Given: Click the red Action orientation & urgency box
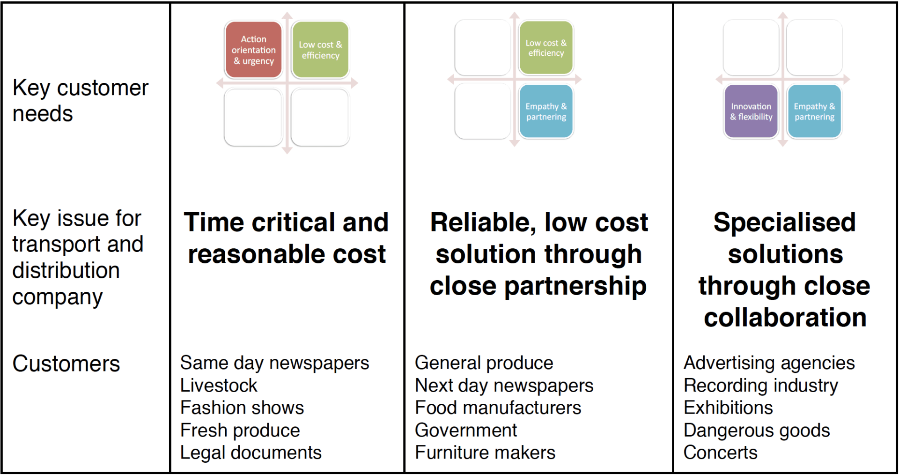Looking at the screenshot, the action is [253, 50].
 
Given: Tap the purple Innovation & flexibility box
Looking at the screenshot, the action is [751, 111].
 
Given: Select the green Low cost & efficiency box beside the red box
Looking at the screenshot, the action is [320, 50].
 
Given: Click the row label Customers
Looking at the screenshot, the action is [66, 364].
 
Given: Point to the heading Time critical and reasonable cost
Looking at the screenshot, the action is [287, 238].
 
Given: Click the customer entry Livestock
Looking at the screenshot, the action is [219, 385].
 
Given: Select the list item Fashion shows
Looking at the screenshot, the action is [242, 408].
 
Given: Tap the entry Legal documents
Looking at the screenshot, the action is [251, 453].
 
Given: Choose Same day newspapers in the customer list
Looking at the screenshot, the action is [275, 363].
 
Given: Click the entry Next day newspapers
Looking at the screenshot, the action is [504, 386].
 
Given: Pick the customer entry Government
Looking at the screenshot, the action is [466, 430].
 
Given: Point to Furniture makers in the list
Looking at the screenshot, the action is [485, 453].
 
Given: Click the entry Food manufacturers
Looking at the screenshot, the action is [498, 408].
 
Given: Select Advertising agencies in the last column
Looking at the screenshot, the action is [769, 363].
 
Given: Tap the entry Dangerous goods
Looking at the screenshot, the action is [757, 430].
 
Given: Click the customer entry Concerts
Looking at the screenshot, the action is [721, 453].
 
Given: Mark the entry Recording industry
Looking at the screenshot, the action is [761, 386].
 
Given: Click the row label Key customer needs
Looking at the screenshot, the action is [81, 101].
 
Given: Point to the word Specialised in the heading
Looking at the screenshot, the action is [785, 223].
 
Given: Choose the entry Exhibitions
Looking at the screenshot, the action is [728, 408].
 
